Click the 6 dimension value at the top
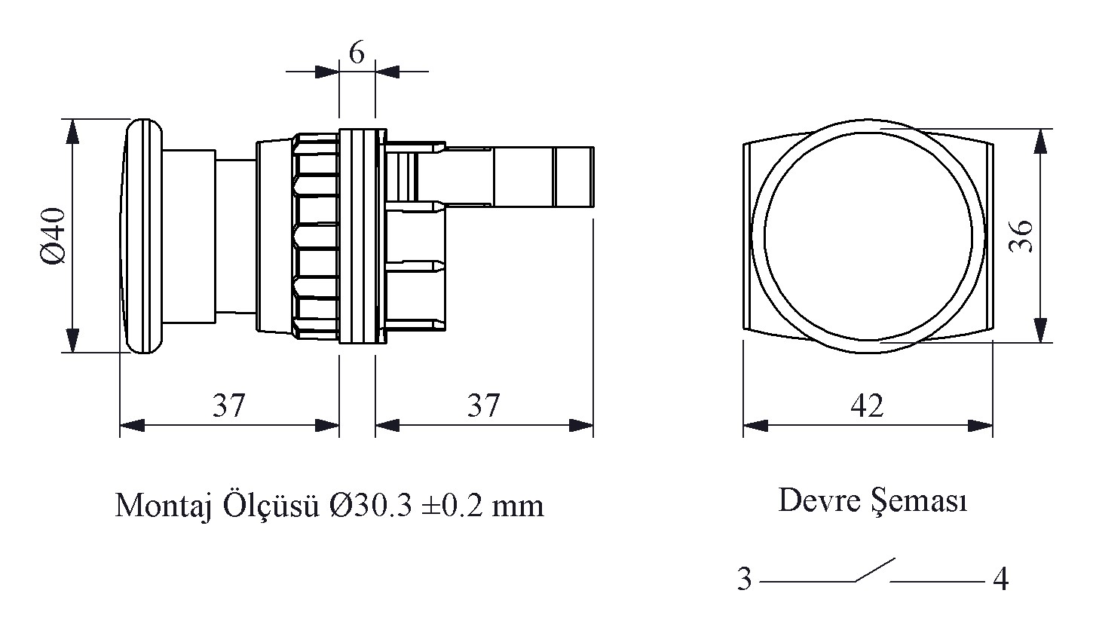tap(357, 53)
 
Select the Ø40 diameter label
tap(54, 236)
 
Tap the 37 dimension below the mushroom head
tap(228, 405)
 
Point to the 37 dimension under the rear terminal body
tap(483, 405)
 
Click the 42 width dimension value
tap(867, 405)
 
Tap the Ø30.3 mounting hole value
tap(371, 505)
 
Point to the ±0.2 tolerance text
tap(452, 505)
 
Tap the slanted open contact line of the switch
tap(874, 570)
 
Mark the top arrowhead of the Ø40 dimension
tap(72, 131)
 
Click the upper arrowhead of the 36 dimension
tap(1041, 141)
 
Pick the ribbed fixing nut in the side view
tap(314, 235)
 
